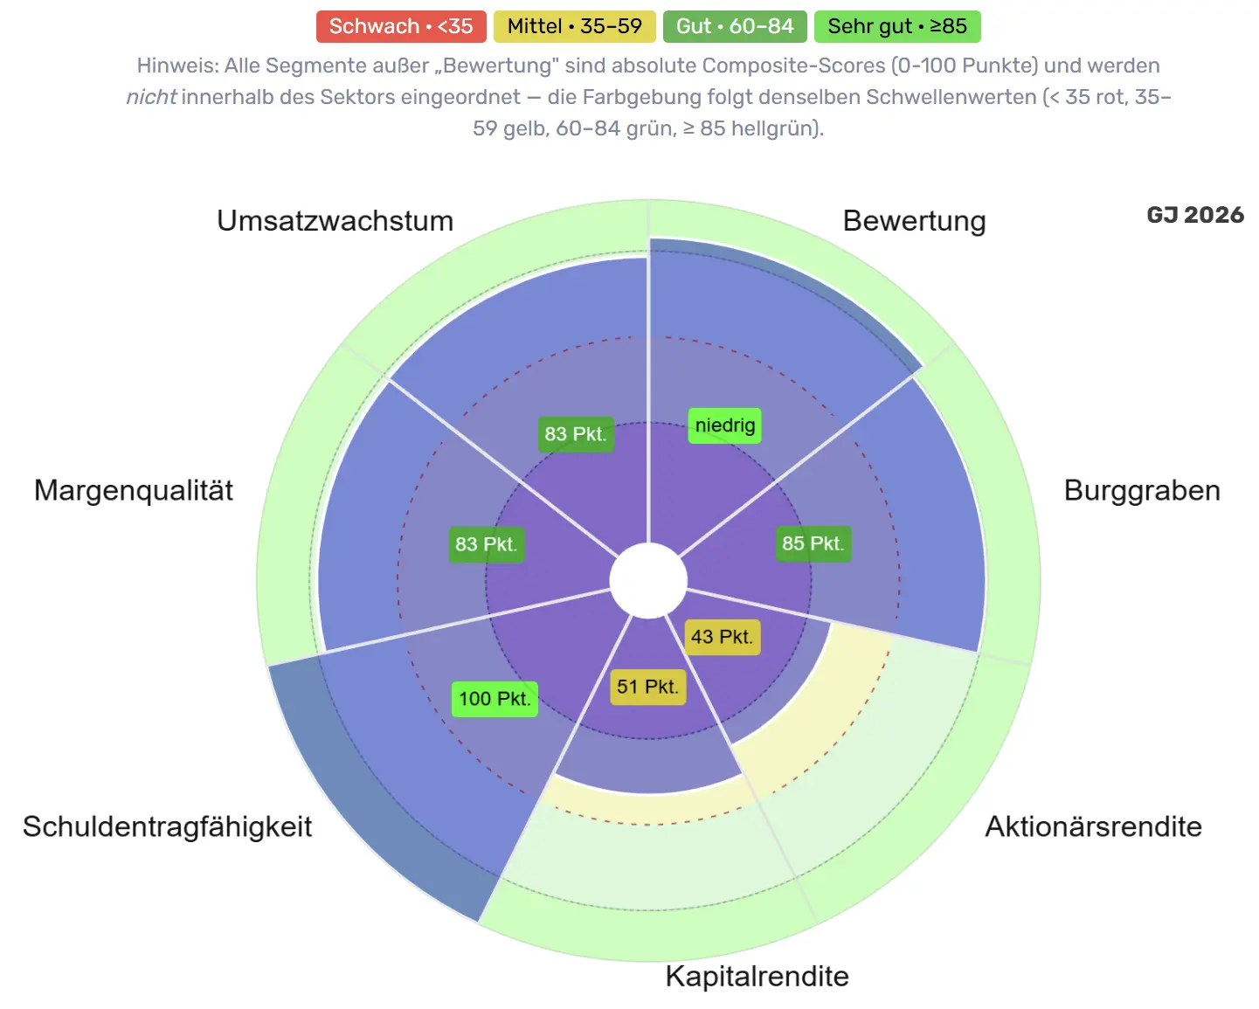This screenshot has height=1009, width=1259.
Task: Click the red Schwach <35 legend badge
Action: pyautogui.click(x=401, y=26)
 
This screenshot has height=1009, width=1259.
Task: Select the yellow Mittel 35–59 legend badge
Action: pyautogui.click(x=575, y=26)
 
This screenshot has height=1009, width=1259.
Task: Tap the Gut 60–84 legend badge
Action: pyautogui.click(x=734, y=26)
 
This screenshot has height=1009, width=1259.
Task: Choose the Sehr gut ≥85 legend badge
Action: pyautogui.click(x=897, y=26)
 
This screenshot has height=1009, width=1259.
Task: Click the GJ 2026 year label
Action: pyautogui.click(x=1194, y=215)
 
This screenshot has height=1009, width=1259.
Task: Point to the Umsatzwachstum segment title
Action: pyautogui.click(x=336, y=221)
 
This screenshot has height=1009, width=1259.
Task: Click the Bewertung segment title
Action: pyautogui.click(x=914, y=221)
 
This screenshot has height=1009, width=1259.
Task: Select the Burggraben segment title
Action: pyautogui.click(x=1141, y=490)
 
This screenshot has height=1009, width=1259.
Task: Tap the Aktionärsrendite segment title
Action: pyautogui.click(x=1093, y=826)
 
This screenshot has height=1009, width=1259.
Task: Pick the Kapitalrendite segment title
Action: pyautogui.click(x=757, y=977)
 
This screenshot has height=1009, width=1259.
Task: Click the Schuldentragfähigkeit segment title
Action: pyautogui.click(x=168, y=826)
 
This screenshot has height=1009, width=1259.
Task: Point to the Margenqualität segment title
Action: pyautogui.click(x=134, y=490)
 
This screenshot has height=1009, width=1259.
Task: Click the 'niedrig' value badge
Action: pyautogui.click(x=724, y=425)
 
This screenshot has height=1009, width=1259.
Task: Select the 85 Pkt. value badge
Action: pyautogui.click(x=813, y=543)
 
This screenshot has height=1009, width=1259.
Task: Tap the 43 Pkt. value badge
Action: pyautogui.click(x=722, y=637)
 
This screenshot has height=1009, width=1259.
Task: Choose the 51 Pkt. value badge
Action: pyautogui.click(x=647, y=687)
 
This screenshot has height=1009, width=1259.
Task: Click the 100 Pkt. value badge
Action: pyautogui.click(x=495, y=699)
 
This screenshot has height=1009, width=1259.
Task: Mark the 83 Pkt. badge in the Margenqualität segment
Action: pyautogui.click(x=486, y=544)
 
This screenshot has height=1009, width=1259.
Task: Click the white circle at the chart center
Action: pyautogui.click(x=648, y=580)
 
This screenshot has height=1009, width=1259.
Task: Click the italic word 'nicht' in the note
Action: pyautogui.click(x=151, y=97)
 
